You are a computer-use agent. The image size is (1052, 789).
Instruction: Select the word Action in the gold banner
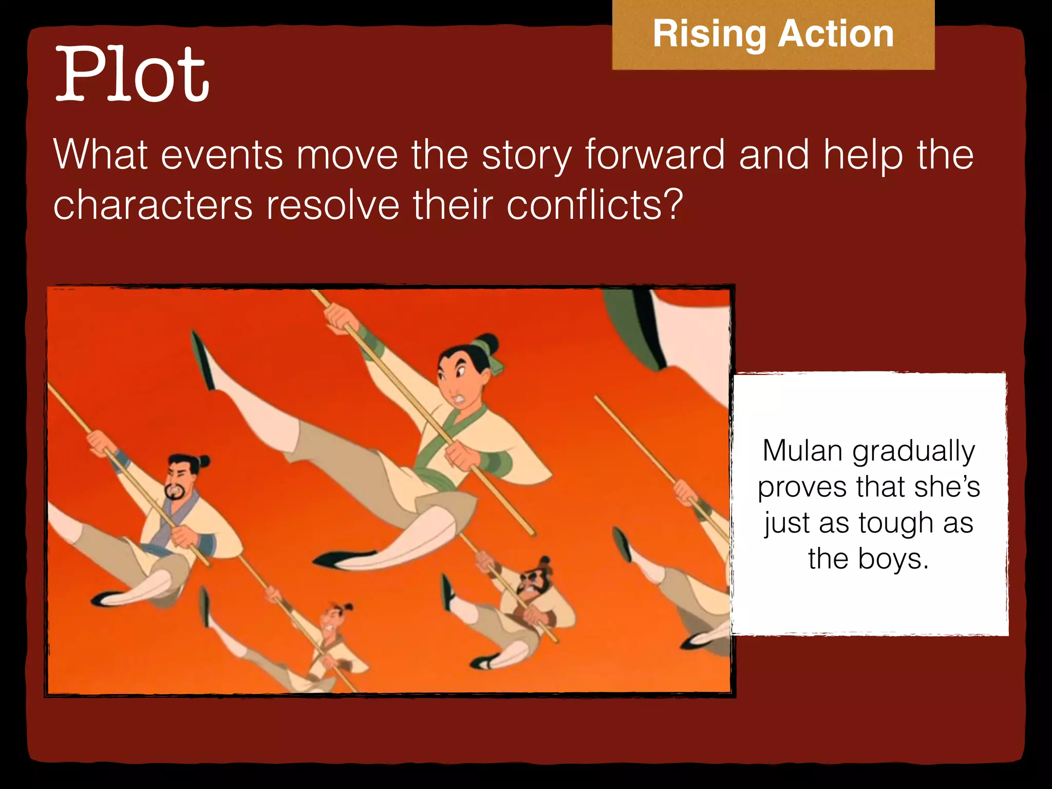[836, 34]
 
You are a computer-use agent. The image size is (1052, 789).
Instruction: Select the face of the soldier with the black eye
[532, 583]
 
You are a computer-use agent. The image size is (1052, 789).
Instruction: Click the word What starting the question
[101, 155]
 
